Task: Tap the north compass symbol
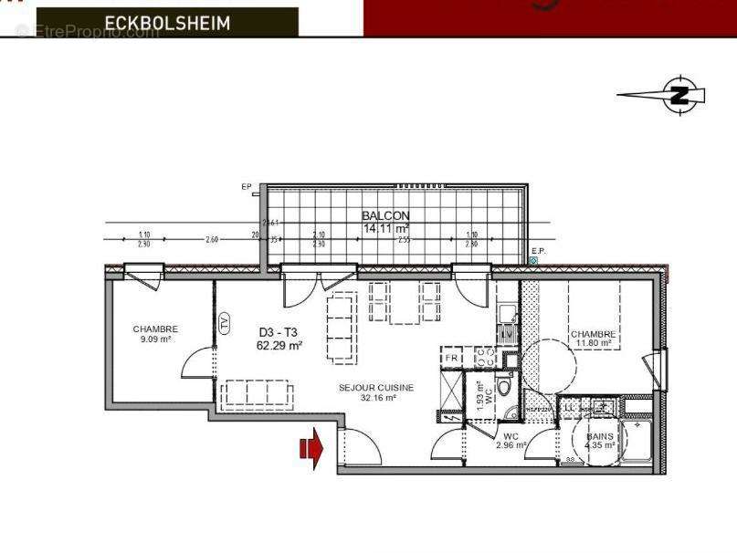click(679, 93)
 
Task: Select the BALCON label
click(385, 216)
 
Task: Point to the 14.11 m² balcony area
click(385, 229)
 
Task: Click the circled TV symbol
click(224, 322)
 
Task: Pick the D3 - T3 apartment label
click(279, 333)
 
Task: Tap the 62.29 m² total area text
click(279, 346)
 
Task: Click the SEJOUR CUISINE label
click(375, 387)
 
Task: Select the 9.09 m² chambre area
click(155, 339)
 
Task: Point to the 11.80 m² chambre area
click(594, 344)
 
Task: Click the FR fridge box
click(451, 358)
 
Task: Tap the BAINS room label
click(599, 436)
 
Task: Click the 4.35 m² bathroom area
click(599, 446)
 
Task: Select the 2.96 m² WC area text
click(511, 445)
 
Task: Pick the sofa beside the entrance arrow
click(258, 392)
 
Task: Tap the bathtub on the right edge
click(639, 443)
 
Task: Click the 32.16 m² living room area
click(375, 398)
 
